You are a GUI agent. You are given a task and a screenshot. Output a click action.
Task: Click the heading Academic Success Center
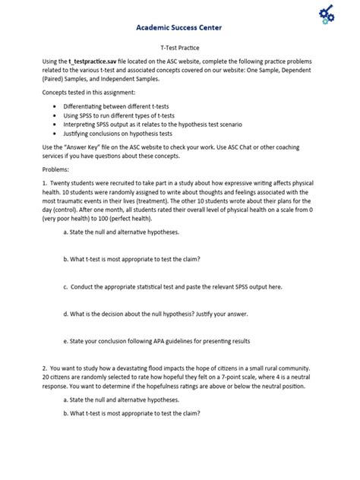180,24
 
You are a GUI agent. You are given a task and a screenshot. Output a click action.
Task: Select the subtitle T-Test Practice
179,47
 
